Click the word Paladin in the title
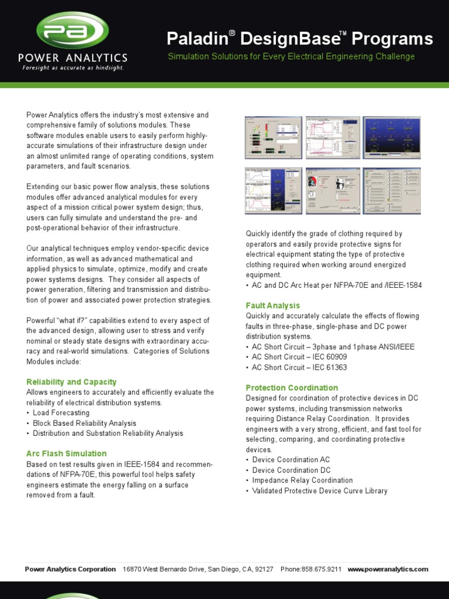(196, 39)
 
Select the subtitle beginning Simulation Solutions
(291, 57)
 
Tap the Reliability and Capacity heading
(71, 382)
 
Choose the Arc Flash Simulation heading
(67, 453)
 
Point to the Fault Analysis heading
(273, 305)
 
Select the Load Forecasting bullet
(61, 413)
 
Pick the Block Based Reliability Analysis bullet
(85, 423)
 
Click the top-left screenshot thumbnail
(273, 136)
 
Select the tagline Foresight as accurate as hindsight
(72, 68)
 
